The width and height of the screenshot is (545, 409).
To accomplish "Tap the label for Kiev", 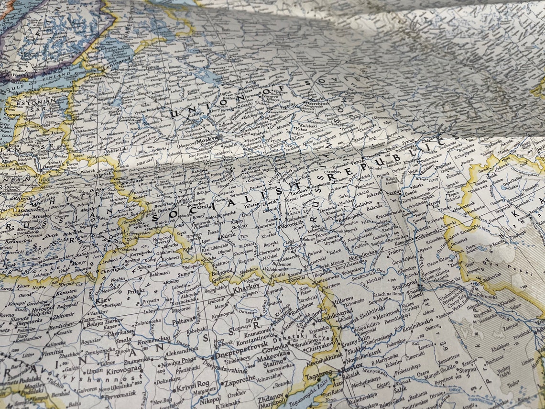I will (103, 300).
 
